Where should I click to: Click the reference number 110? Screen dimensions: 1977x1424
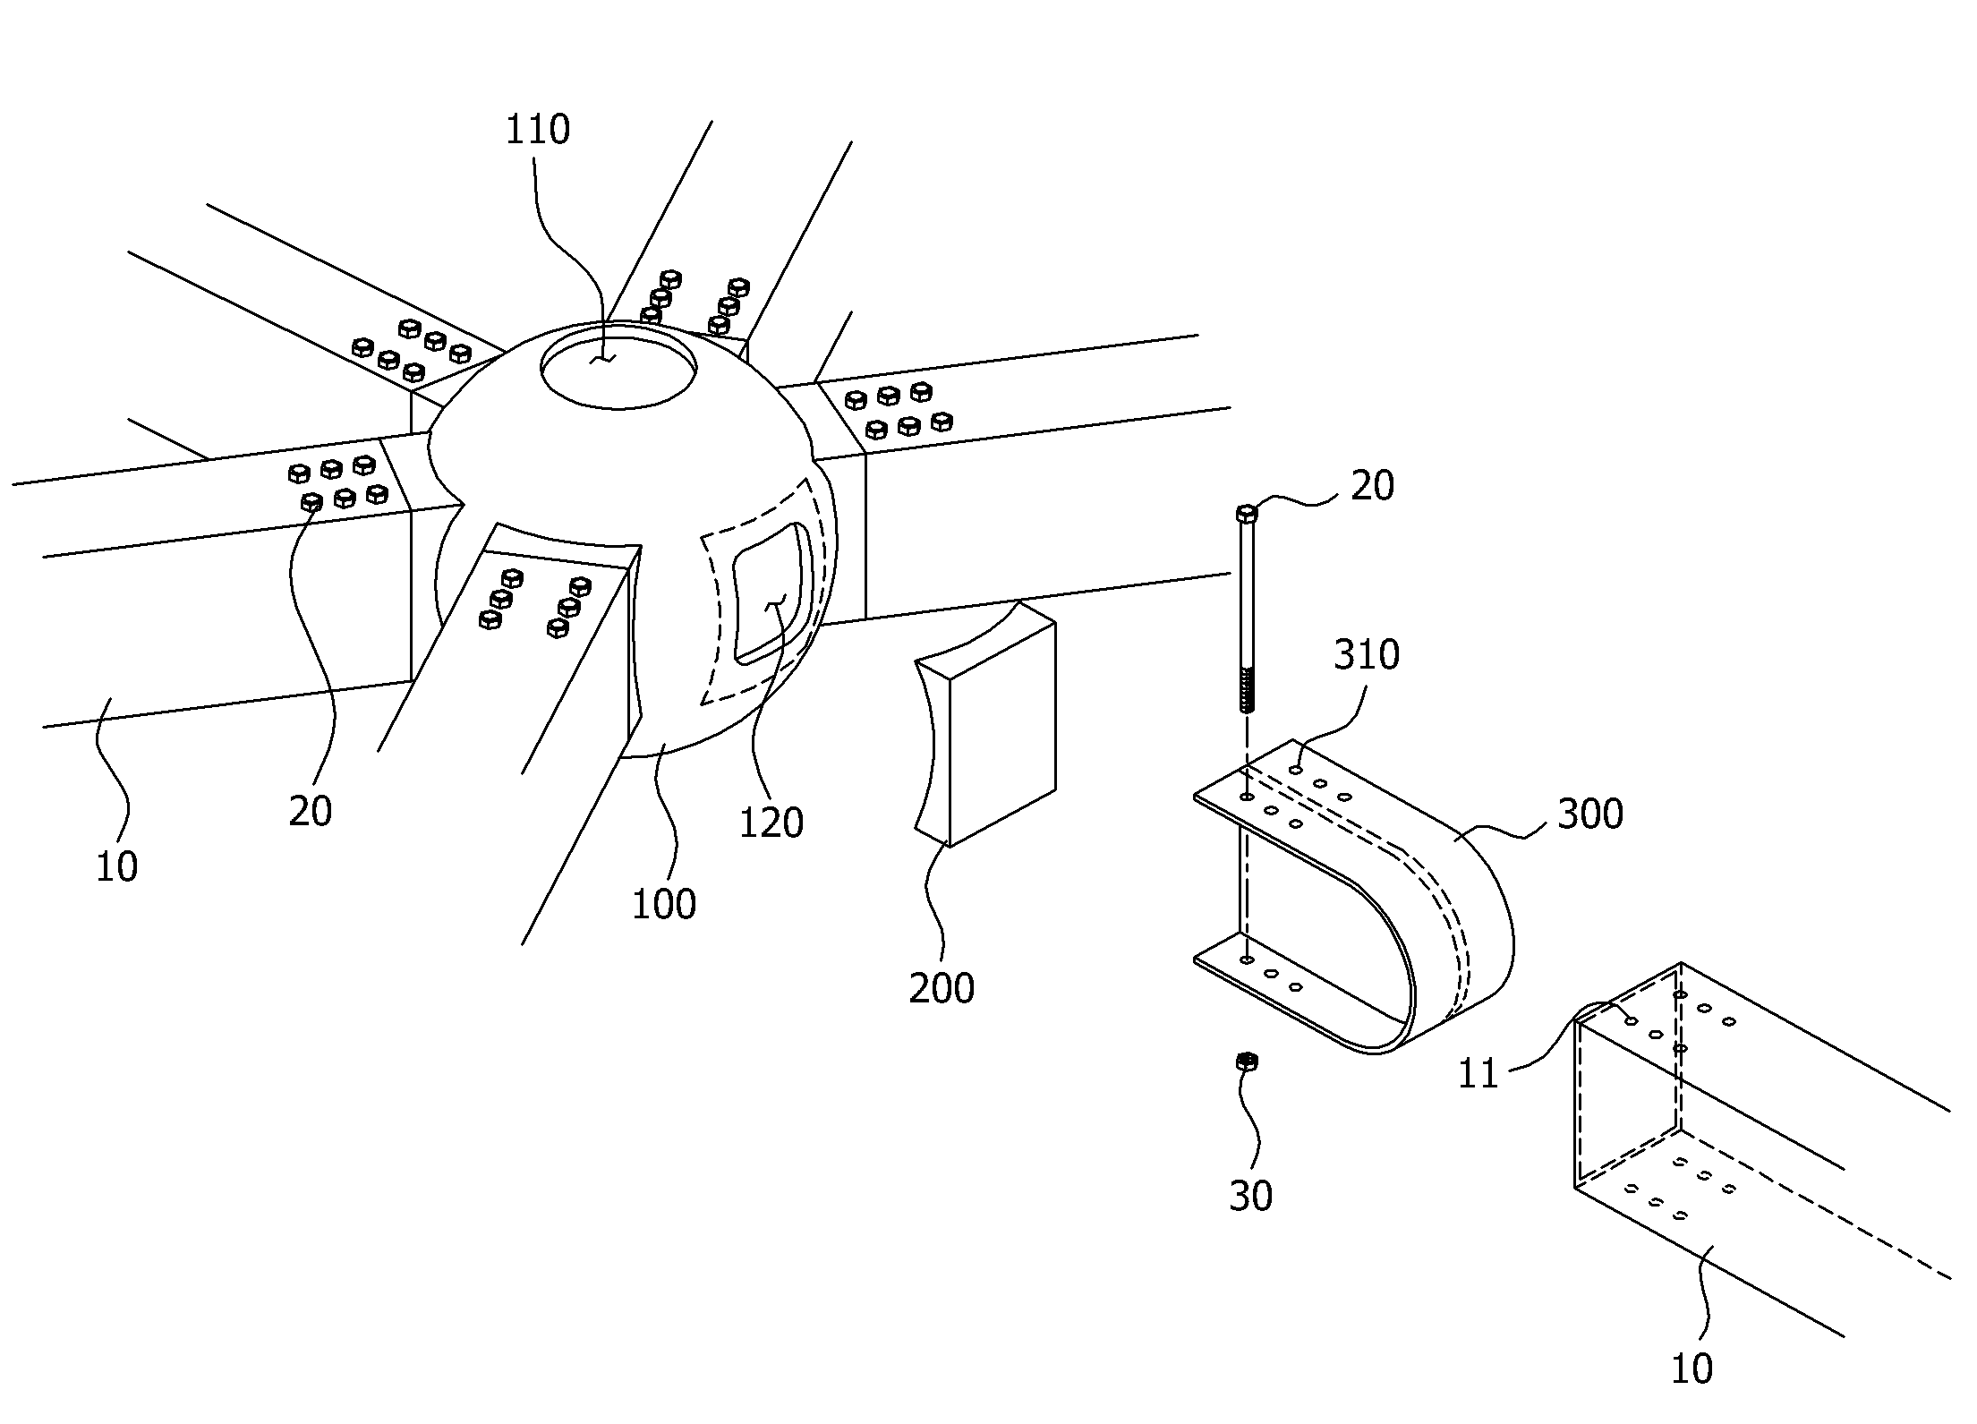click(x=538, y=130)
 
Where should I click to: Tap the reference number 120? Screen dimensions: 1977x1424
click(x=771, y=823)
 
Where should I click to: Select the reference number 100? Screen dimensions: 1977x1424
click(x=664, y=905)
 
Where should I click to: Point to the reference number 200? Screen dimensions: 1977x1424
click(x=942, y=988)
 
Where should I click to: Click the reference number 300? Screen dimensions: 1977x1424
click(x=1590, y=814)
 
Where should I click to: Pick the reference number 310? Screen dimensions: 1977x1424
click(x=1367, y=655)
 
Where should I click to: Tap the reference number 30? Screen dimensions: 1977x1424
click(x=1250, y=1197)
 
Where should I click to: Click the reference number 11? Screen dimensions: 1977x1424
click(x=1478, y=1074)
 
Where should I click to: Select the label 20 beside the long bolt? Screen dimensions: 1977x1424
click(x=1372, y=486)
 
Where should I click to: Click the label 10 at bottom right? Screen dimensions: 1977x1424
click(x=1692, y=1369)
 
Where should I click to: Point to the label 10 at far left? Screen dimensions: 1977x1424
click(x=116, y=867)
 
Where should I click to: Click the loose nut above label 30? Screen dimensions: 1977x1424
click(x=1247, y=1062)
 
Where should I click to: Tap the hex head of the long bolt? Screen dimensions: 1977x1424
click(x=1247, y=514)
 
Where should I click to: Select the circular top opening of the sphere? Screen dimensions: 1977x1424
click(x=618, y=367)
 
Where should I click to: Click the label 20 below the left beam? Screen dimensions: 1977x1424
click(x=310, y=811)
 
